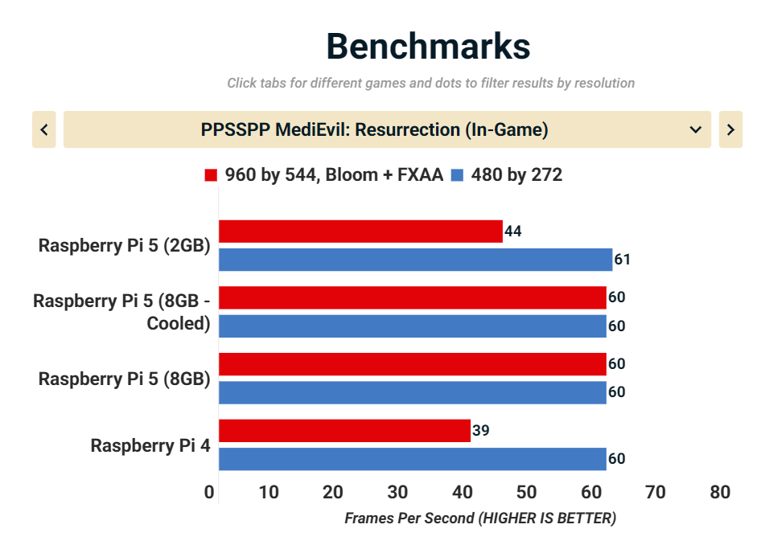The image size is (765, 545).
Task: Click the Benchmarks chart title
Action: (x=428, y=47)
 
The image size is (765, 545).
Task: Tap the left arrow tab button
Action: (x=44, y=129)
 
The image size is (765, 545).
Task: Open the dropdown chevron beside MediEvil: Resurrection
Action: (x=696, y=129)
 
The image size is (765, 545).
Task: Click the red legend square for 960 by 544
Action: (x=212, y=175)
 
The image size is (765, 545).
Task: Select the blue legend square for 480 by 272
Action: (x=459, y=175)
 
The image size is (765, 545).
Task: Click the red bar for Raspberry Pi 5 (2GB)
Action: (x=360, y=232)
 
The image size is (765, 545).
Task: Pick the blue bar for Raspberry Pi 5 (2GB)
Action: (x=415, y=260)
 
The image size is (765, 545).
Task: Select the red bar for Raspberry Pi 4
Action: (x=344, y=431)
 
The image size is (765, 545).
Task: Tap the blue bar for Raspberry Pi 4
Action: (x=412, y=459)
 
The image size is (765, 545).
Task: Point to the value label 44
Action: (x=513, y=232)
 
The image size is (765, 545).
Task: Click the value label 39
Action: (x=480, y=431)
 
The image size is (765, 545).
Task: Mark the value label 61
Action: (x=622, y=260)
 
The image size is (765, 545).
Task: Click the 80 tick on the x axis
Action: (x=720, y=492)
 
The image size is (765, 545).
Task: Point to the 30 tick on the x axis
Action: (x=397, y=492)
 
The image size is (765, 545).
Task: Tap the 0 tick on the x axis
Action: (x=210, y=492)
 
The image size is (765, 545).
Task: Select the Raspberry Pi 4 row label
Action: (x=150, y=445)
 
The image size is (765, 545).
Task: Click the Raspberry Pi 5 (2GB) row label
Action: (x=125, y=245)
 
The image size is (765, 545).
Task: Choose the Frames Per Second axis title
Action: (x=480, y=518)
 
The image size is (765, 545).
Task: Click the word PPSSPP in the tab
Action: (x=232, y=129)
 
